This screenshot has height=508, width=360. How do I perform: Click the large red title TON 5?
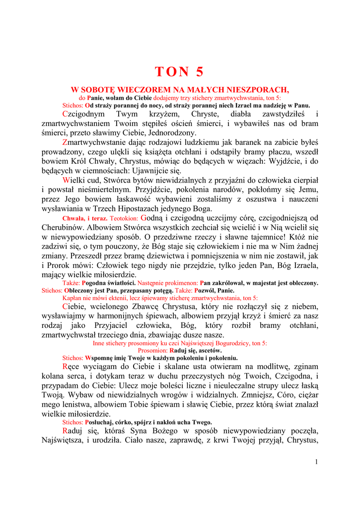[179, 72]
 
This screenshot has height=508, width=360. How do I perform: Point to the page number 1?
[315, 462]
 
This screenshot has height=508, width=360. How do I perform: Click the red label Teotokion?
[124, 218]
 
